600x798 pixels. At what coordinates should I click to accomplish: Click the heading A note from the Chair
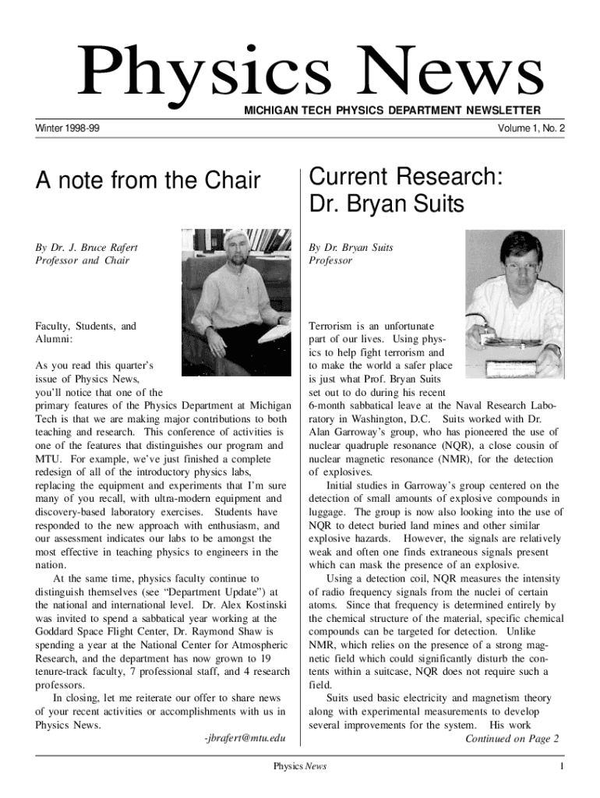148,182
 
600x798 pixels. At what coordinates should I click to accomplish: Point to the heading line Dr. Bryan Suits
386,204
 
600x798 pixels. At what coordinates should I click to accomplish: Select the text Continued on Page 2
512,739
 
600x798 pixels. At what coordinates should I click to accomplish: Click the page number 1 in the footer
560,768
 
